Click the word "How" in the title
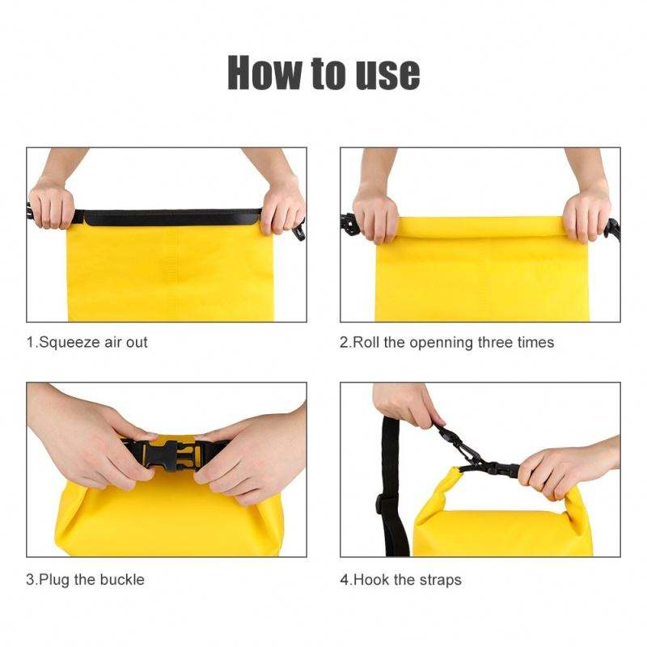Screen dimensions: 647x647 (x=265, y=72)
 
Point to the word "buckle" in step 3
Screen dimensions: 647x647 (x=123, y=580)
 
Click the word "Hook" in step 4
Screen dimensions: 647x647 (x=372, y=580)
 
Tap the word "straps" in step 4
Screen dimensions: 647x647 (x=440, y=581)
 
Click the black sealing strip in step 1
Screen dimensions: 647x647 (x=168, y=218)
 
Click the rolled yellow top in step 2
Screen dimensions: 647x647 (x=480, y=228)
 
